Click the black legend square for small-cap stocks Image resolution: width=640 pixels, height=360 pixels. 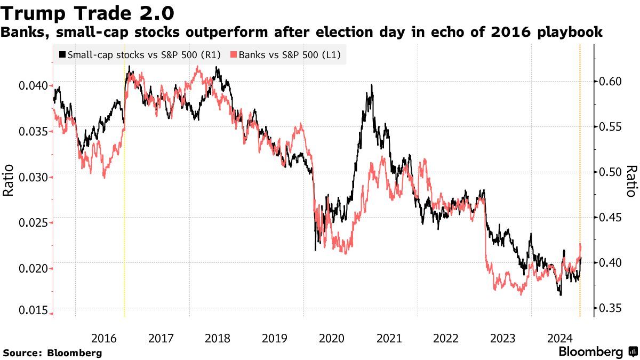click(62, 54)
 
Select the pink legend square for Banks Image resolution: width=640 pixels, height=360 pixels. click(233, 54)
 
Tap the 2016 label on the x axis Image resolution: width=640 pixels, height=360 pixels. click(103, 338)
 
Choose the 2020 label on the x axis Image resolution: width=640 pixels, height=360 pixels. click(332, 338)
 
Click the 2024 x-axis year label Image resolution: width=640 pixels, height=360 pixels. click(559, 338)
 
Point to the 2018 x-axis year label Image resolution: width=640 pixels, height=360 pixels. click(218, 338)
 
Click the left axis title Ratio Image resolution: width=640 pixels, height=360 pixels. click(9, 181)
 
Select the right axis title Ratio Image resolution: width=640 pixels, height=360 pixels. click(630, 181)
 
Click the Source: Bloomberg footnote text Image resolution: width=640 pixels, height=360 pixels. click(52, 353)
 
